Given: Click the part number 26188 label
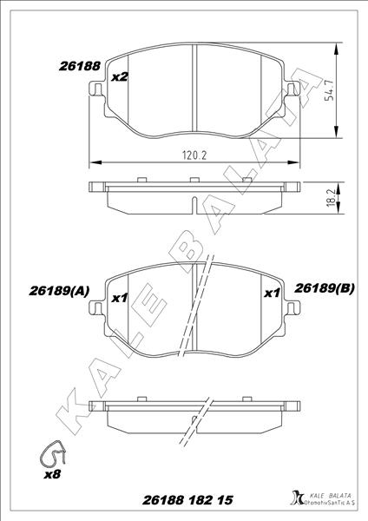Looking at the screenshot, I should [81, 65].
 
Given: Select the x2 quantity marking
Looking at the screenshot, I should [121, 77].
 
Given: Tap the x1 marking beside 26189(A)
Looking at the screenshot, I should [121, 298].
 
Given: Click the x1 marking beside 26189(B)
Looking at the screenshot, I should [271, 293].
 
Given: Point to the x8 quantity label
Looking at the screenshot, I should [53, 476].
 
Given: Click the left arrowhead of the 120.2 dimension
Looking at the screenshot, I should [94, 162].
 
